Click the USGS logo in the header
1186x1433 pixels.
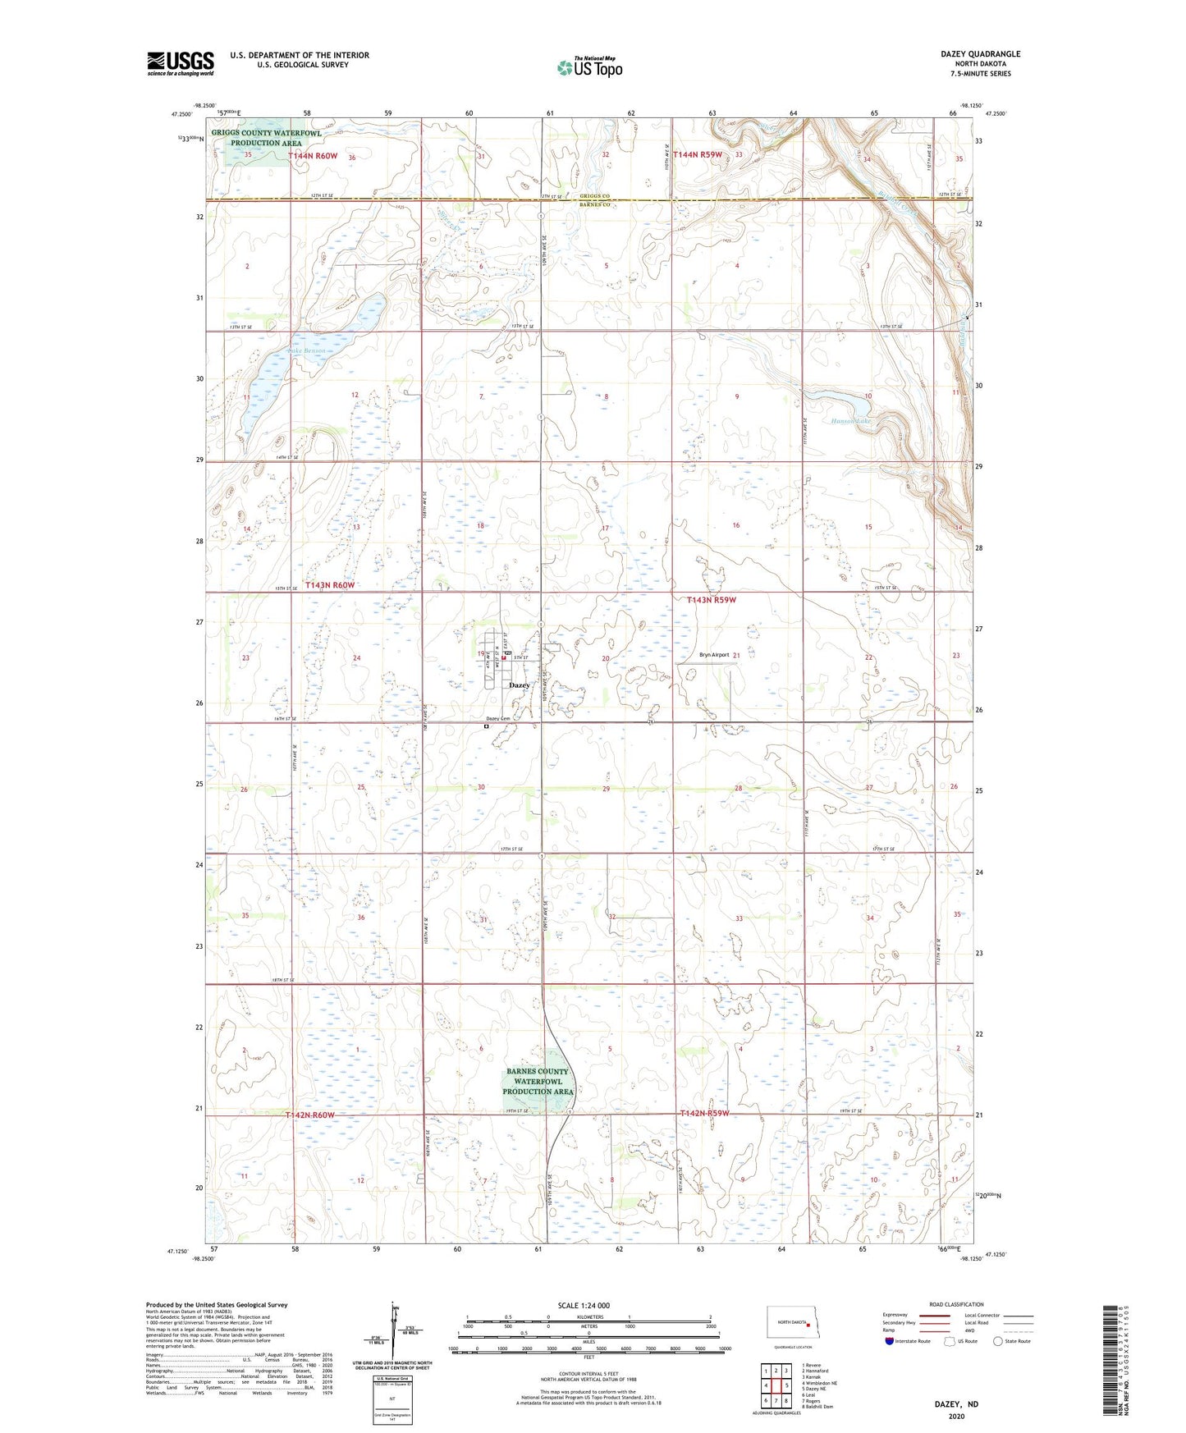pyautogui.click(x=181, y=62)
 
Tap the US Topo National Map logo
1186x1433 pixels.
pyautogui.click(x=588, y=67)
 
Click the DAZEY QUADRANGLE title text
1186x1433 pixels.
pyautogui.click(x=980, y=54)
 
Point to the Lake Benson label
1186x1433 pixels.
pyautogui.click(x=307, y=351)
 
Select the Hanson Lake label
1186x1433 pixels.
pyautogui.click(x=850, y=421)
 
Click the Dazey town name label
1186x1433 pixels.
pyautogui.click(x=519, y=684)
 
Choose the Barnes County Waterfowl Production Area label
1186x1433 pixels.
pyautogui.click(x=538, y=1082)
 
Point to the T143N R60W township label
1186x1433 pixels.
pyautogui.click(x=330, y=585)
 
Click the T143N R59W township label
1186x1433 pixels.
pyautogui.click(x=712, y=600)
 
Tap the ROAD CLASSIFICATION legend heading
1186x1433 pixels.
pyautogui.click(x=956, y=1304)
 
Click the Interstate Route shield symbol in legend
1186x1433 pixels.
pyautogui.click(x=891, y=1341)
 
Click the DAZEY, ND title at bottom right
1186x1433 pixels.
pyautogui.click(x=956, y=1404)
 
